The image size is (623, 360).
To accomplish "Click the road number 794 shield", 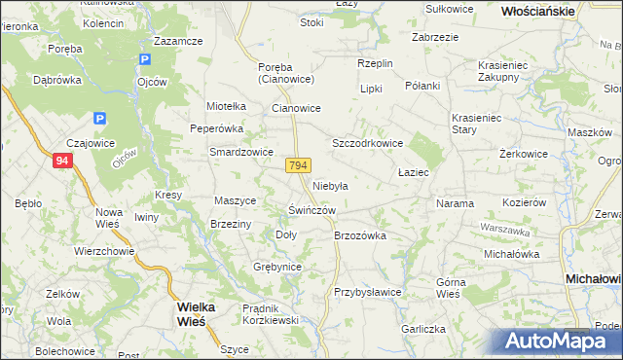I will tap(299, 166).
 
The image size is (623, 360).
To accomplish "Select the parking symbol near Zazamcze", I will tap(145, 60).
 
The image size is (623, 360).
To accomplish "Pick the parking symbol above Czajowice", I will tap(98, 119).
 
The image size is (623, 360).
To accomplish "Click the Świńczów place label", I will tap(311, 210).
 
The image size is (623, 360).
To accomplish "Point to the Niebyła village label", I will tap(330, 184).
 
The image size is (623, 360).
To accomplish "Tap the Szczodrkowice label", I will tap(368, 142).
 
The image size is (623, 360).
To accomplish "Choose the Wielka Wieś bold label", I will tap(202, 312).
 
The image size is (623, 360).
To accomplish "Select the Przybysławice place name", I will tap(368, 292).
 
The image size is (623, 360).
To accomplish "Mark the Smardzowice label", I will tap(241, 152).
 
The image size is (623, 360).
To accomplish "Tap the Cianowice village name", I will tap(296, 109).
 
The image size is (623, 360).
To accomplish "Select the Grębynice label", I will tap(277, 267).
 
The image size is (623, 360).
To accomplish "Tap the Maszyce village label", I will tap(235, 200).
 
